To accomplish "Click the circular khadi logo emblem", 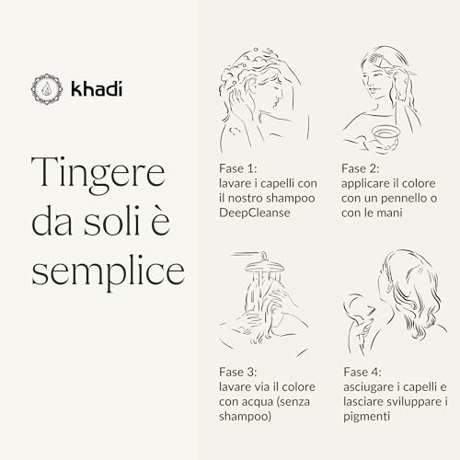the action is [47, 89].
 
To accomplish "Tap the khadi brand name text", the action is [97, 88].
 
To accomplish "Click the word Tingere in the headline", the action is [98, 174].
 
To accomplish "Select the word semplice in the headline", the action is [108, 272].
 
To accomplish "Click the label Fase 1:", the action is [238, 168].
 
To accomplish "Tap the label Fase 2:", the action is [361, 168].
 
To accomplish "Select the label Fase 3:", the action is [238, 372].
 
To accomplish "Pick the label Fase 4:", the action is [362, 372].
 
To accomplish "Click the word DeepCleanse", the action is [255, 213].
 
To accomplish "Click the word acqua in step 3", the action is [259, 402].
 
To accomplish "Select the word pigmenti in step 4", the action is [366, 417].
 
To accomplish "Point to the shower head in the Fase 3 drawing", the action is [264, 264].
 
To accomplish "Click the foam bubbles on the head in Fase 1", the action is [246, 66].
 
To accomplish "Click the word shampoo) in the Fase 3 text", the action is [245, 417].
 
